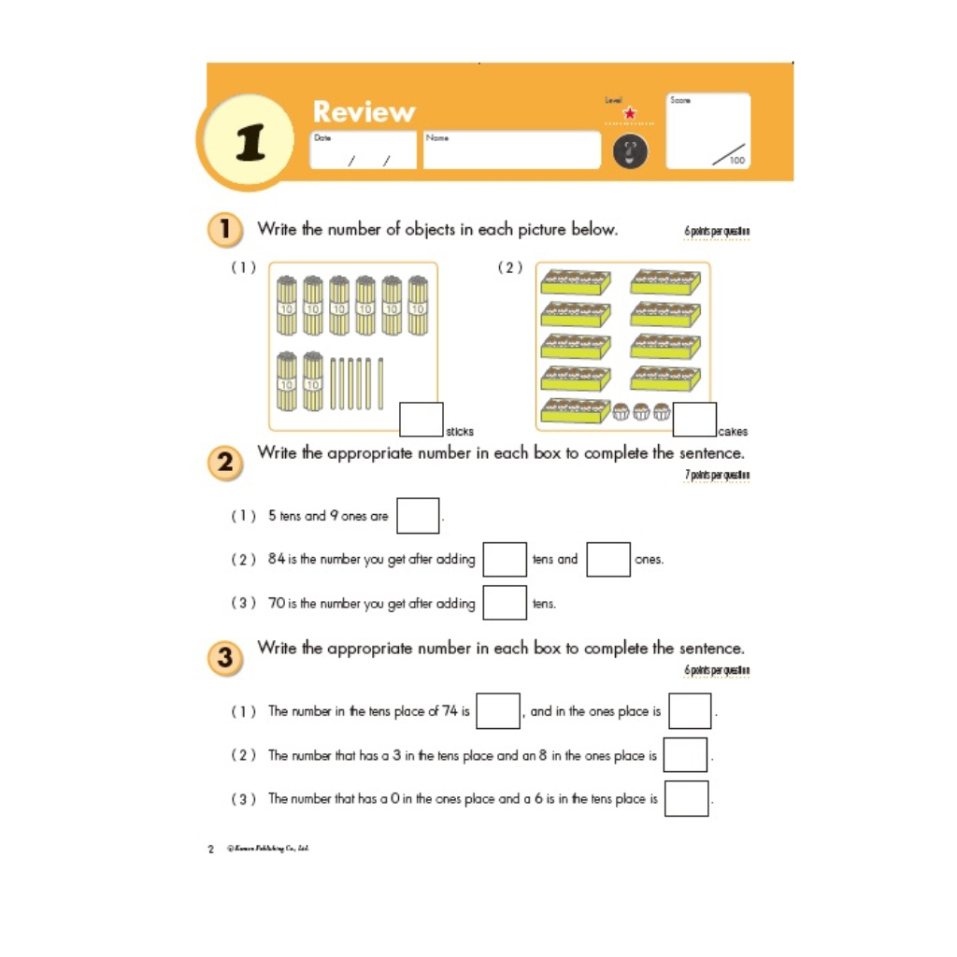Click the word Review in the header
click(x=364, y=112)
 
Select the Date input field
click(x=363, y=150)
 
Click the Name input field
click(x=511, y=150)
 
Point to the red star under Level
click(x=629, y=114)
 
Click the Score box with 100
click(x=707, y=132)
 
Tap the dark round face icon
click(x=630, y=151)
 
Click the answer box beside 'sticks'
click(x=421, y=420)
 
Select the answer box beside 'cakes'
click(x=694, y=420)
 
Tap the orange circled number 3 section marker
click(x=225, y=658)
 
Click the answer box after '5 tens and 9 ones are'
click(x=418, y=516)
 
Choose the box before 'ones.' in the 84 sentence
click(x=608, y=559)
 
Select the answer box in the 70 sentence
click(x=505, y=603)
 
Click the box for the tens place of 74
click(x=498, y=711)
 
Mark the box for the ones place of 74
click(x=690, y=711)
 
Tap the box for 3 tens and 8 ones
click(x=685, y=755)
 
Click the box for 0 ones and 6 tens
click(x=686, y=799)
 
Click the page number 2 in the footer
click(x=210, y=850)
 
